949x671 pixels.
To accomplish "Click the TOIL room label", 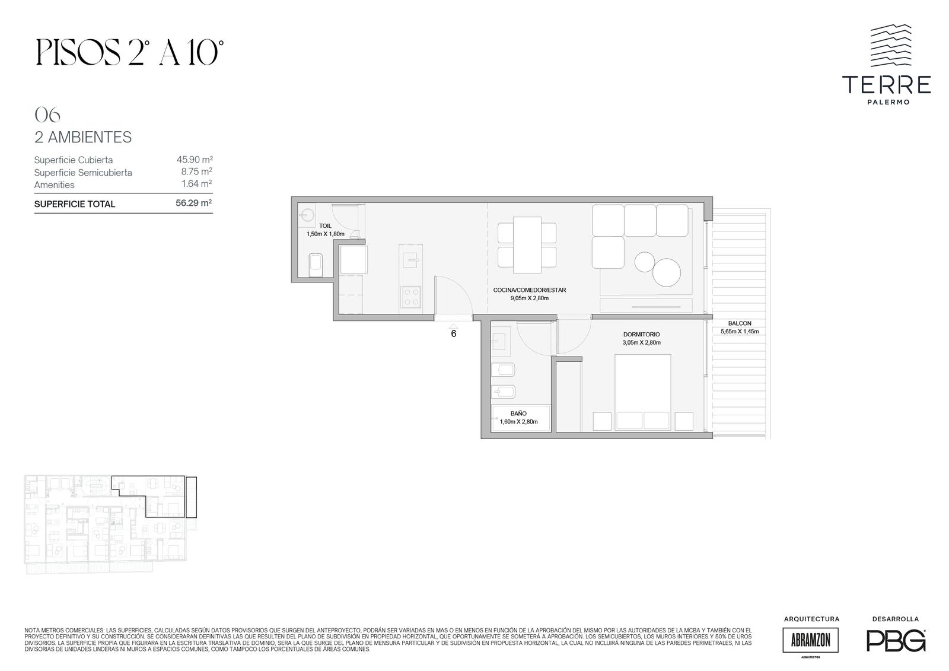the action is click(325, 226).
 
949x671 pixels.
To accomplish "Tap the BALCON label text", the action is click(739, 323).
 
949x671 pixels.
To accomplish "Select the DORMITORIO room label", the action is click(641, 335).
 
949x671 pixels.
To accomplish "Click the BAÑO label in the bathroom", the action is click(518, 414).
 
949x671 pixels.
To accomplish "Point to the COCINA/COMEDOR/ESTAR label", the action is click(529, 290).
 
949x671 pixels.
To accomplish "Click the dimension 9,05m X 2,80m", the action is click(529, 298).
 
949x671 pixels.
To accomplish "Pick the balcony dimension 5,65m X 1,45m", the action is click(739, 332).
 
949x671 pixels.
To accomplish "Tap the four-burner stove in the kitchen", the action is click(410, 296).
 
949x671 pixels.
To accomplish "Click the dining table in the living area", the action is click(527, 245).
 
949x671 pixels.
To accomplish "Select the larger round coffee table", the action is click(667, 272).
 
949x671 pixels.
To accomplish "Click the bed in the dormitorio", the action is click(643, 393).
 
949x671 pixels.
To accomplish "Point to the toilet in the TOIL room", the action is click(315, 265).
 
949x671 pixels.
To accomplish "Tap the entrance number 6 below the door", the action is click(454, 333).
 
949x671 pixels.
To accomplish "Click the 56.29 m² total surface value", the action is click(193, 203).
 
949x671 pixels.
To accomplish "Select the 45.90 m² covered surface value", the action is click(195, 160).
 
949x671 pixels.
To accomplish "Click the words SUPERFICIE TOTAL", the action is click(75, 204).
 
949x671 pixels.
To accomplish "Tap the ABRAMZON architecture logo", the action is click(810, 640).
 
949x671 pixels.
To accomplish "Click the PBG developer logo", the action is click(896, 641).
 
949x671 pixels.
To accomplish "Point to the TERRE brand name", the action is click(886, 85).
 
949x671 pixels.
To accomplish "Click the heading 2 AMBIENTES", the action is click(83, 137).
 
